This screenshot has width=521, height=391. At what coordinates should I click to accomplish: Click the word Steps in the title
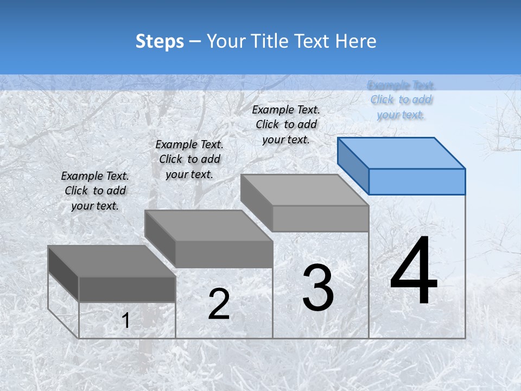coord(160,41)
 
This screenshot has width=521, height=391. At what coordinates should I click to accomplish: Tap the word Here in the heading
coord(355,41)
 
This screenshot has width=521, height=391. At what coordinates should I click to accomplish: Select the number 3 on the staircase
coord(318,288)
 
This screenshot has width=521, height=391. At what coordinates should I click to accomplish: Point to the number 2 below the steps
coord(219,304)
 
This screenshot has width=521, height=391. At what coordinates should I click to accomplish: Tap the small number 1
coord(125,321)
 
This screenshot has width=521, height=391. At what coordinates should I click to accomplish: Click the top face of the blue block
coord(402,153)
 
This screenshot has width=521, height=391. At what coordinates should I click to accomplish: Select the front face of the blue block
coord(417,181)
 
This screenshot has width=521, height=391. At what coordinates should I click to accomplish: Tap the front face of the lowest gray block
coord(127,289)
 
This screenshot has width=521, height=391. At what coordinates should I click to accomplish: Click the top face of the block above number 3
coord(304,190)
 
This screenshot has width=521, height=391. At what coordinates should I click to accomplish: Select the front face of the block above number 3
coord(320,219)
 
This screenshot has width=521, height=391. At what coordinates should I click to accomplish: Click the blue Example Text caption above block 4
coord(401,100)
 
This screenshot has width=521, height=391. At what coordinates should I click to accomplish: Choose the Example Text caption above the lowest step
coord(95,191)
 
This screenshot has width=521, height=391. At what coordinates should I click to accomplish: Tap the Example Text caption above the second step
coord(189,159)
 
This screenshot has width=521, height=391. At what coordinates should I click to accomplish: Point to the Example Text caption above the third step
coord(286,124)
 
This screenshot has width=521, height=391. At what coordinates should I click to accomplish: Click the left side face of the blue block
coord(353,166)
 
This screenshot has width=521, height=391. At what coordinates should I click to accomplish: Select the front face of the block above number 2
coord(224,254)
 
